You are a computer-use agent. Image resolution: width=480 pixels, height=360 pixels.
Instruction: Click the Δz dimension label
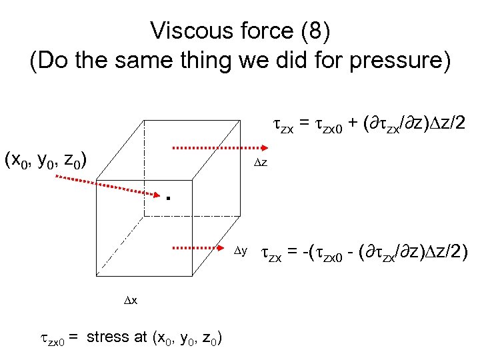pos(259,163)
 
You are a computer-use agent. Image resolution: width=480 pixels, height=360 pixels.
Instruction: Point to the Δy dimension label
pos(241,251)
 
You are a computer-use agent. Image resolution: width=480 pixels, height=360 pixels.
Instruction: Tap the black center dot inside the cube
pos(169,197)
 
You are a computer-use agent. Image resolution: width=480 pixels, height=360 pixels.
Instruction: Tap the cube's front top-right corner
pos(193,179)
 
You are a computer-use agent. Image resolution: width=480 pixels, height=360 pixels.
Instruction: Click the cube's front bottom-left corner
pos(97,275)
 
